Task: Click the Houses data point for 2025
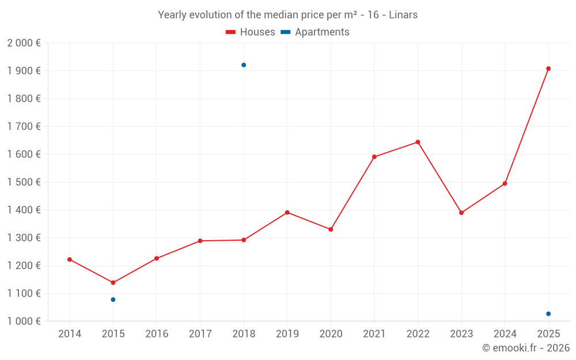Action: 548,69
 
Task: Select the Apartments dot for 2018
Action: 244,65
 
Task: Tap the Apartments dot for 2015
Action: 113,300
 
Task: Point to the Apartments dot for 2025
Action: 548,314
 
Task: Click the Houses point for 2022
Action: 418,142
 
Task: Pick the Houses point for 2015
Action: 113,283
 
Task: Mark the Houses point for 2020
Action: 331,229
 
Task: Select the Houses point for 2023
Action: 461,213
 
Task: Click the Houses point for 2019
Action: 287,213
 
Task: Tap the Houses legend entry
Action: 251,32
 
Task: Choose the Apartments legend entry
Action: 315,32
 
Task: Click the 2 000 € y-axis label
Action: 24,43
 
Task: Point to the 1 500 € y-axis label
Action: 24,182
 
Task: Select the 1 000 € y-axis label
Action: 24,321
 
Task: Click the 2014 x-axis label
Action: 70,334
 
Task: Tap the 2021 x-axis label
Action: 374,334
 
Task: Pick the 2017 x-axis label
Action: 200,334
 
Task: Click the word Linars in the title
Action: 403,15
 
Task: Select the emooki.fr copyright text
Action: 526,348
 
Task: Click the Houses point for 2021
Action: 374,157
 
